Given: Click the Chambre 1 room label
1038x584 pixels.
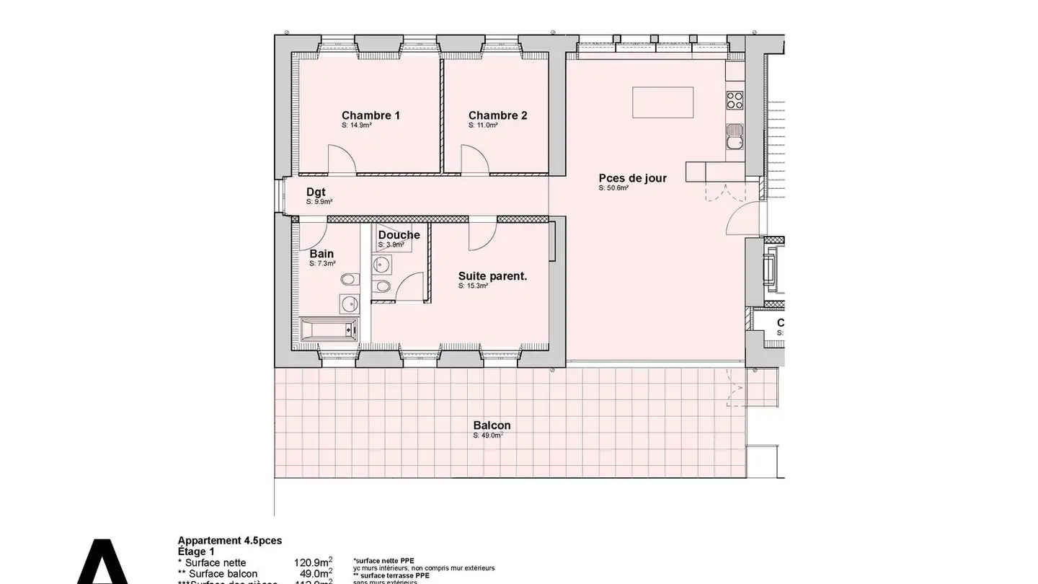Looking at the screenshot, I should click(371, 115).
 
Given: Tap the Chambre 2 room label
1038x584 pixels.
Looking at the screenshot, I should click(497, 115).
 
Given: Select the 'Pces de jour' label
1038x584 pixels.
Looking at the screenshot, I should click(632, 178).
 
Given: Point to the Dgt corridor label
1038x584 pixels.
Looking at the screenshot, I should click(316, 192).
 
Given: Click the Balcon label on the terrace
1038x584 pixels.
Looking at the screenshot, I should click(492, 425).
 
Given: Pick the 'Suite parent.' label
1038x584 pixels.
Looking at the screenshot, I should click(492, 275).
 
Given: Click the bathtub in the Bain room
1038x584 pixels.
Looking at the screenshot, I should click(328, 329).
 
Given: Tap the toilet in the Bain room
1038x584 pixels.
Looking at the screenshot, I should click(348, 279).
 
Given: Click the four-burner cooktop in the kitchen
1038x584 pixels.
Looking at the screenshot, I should click(735, 99).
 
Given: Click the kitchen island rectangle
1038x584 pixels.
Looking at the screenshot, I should click(663, 102).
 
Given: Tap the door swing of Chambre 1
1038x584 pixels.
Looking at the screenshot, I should click(340, 159).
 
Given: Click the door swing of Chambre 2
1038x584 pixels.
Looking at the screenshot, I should click(474, 159).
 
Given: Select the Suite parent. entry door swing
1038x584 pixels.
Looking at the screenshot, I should click(482, 236).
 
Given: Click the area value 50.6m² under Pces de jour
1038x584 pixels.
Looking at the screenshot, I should click(613, 188).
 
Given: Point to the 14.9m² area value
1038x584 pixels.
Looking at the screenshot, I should click(356, 125).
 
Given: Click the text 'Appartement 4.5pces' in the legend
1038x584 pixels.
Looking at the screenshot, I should click(229, 540).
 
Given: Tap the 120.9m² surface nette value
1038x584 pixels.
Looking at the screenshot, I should click(312, 562).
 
